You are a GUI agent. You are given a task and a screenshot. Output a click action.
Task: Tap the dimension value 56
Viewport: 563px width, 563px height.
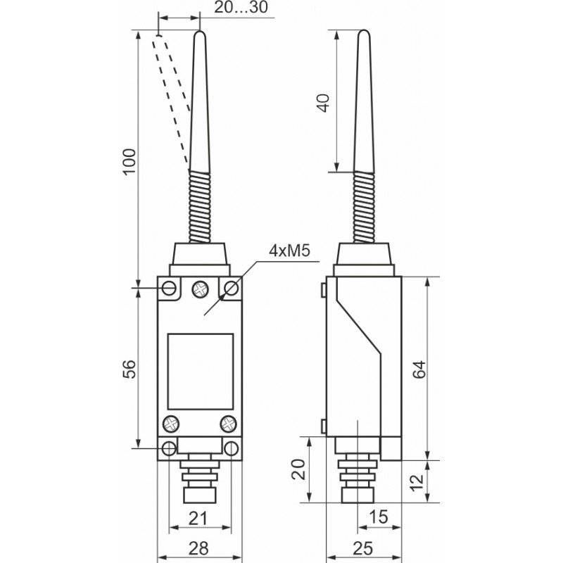tap(129, 368)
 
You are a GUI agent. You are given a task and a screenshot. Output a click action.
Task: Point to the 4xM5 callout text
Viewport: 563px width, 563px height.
tap(289, 251)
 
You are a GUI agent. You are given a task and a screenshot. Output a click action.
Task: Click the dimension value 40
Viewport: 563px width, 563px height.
tap(323, 103)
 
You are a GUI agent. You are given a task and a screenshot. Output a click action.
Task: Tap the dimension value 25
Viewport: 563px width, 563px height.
tap(364, 547)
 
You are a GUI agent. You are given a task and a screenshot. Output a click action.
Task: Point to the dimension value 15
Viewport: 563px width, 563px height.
tap(378, 517)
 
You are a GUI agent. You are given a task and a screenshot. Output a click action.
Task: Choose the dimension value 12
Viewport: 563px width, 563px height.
tap(417, 482)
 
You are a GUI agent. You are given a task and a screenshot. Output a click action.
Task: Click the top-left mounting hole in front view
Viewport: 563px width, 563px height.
tap(169, 287)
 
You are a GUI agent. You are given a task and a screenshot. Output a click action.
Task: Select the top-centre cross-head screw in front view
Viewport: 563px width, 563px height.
tap(201, 287)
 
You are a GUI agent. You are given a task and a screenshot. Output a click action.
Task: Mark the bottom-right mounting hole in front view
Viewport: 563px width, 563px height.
tap(231, 448)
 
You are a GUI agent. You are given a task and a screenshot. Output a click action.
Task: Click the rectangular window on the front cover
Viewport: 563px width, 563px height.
tap(200, 371)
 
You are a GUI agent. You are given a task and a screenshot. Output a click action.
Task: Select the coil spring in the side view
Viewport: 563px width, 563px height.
tap(363, 208)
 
